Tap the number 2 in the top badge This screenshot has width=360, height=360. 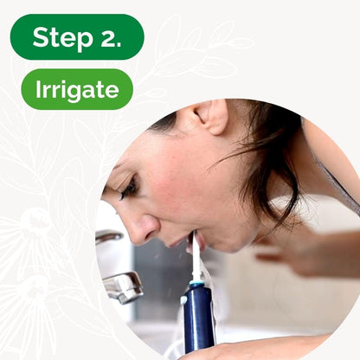coord(106,37)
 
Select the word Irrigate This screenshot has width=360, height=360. coord(77,90)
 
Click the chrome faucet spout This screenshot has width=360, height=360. coord(123,286)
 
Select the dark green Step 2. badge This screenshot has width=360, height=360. coord(77,37)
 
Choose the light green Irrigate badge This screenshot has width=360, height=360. coord(77,90)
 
